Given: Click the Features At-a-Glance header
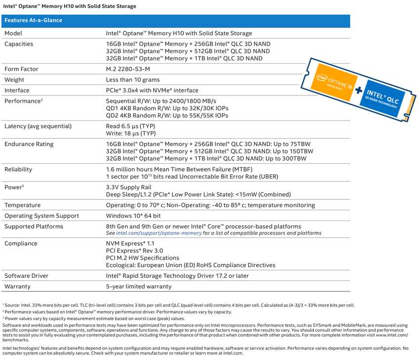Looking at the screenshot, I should click(x=33, y=21).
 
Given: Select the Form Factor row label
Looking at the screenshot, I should click(x=21, y=69).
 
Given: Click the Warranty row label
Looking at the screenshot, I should click(x=18, y=286).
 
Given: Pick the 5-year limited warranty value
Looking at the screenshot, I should click(x=139, y=286).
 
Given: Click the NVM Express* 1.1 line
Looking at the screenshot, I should click(x=130, y=244).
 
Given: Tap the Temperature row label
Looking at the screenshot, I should click(x=23, y=205).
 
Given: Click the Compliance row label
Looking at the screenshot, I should click(x=21, y=244).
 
